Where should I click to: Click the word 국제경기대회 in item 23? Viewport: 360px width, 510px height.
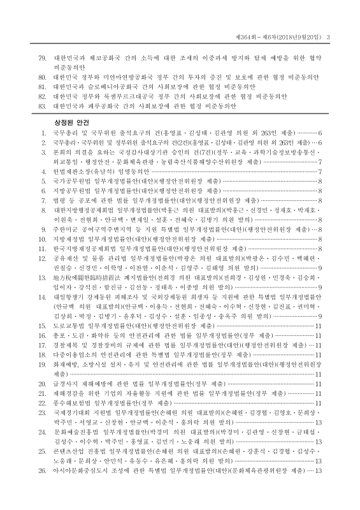pyautogui.click(x=71, y=413)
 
